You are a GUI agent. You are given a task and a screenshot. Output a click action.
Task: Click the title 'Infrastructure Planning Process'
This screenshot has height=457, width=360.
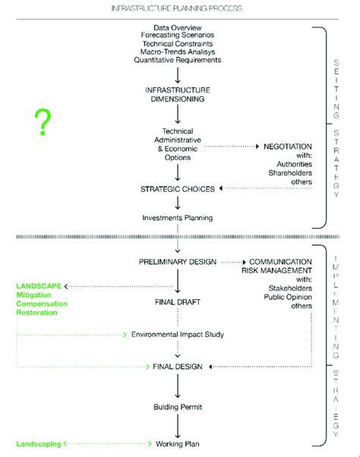[177, 8]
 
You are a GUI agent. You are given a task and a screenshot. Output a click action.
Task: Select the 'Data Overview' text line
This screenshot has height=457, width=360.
[176, 27]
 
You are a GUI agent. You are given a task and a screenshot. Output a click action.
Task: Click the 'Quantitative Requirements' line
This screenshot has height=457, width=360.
[176, 60]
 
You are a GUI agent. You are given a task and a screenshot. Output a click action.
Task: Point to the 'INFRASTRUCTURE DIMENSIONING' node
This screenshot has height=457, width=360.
[176, 94]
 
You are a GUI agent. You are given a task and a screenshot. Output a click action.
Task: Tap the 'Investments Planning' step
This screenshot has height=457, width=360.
[177, 218]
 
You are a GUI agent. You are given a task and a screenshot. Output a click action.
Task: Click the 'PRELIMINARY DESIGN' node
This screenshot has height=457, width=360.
[177, 262]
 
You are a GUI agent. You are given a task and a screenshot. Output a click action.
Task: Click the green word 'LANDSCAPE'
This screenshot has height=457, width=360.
[39, 286]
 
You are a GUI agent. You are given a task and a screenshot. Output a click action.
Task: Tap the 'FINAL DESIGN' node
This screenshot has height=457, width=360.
[176, 367]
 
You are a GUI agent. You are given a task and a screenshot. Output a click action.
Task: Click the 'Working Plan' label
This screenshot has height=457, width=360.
[177, 443]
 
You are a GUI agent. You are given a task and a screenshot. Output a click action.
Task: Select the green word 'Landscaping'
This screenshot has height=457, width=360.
[39, 443]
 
